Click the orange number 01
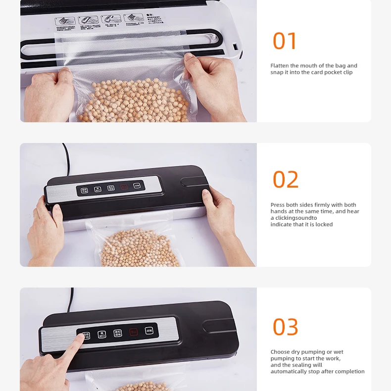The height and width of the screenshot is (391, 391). pos(285,41)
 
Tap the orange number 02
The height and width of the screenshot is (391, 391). pos(286,180)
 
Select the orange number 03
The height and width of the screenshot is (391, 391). pos(286,327)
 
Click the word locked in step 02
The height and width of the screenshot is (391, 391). pos(324,224)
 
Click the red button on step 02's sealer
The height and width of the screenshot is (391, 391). pos(124,187)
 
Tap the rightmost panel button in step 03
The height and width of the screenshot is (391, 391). pos(149,330)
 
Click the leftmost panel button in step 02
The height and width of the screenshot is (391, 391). pos(85,190)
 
